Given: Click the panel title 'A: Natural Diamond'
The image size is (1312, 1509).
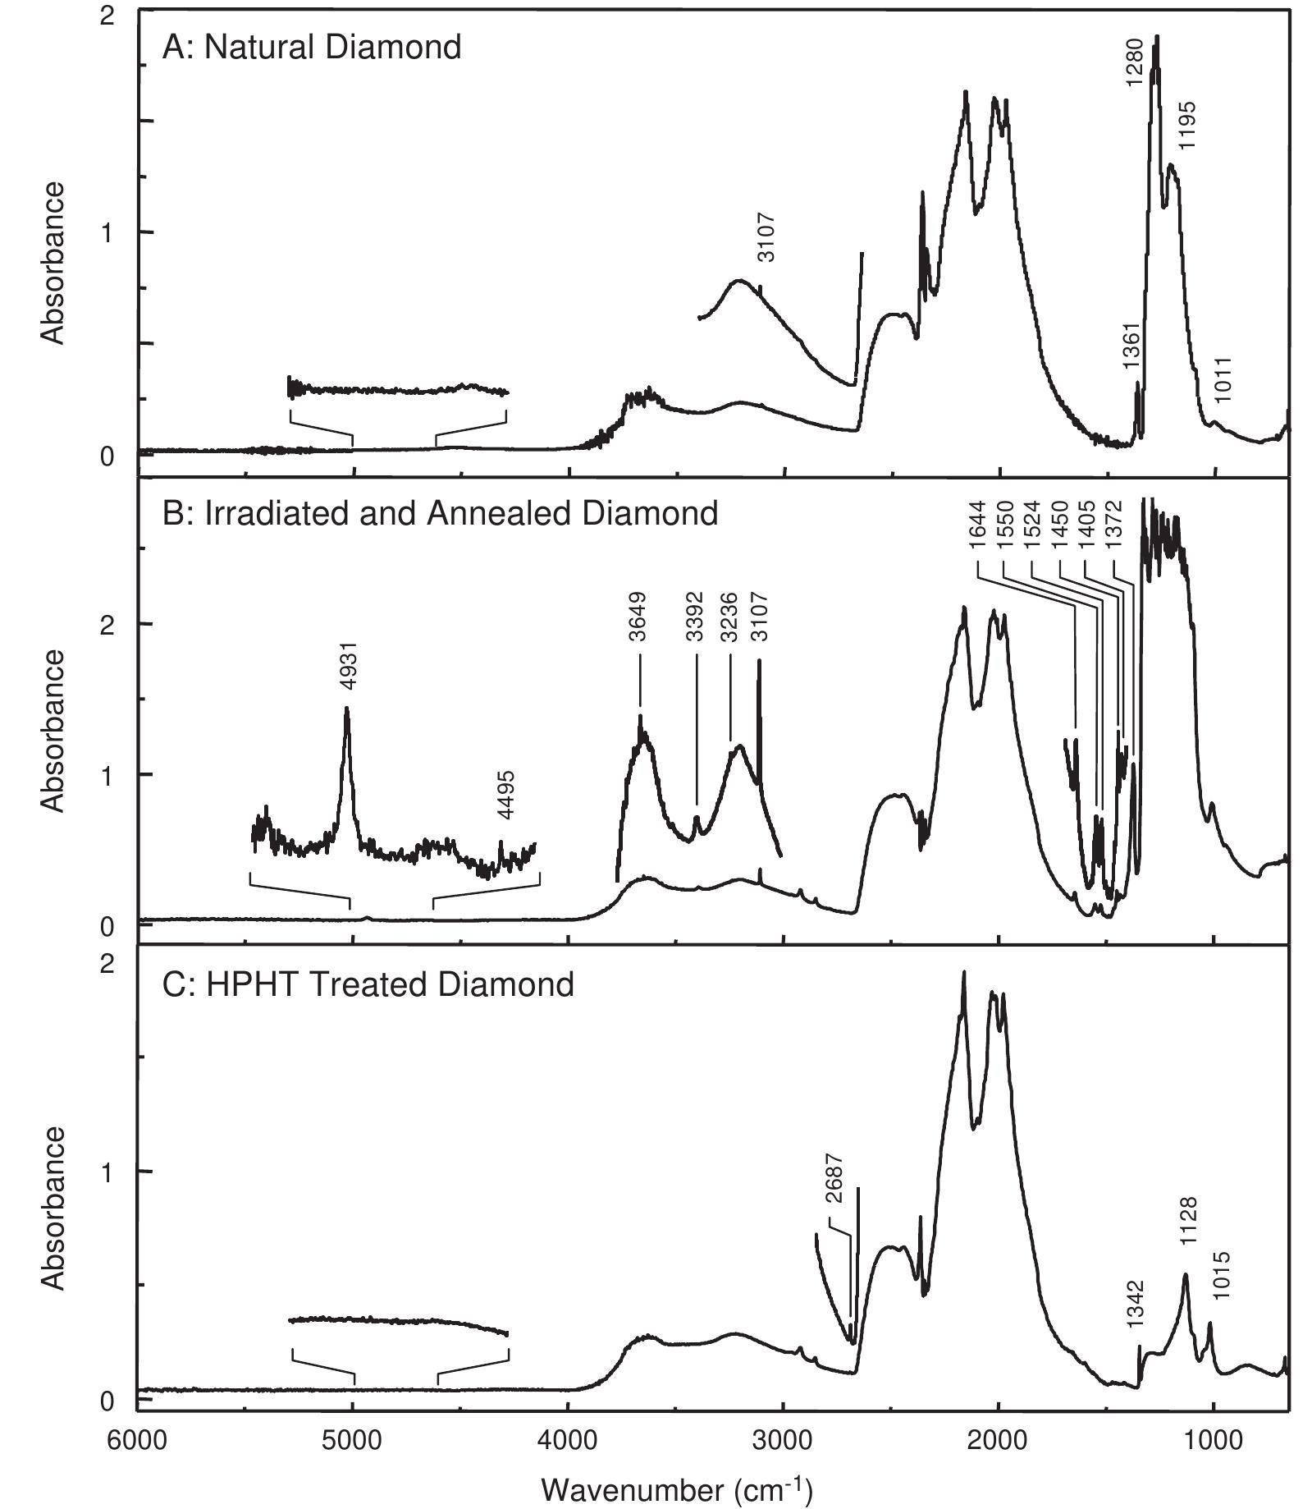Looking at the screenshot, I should click(311, 47).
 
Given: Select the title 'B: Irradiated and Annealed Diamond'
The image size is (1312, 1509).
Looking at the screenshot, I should click(440, 514).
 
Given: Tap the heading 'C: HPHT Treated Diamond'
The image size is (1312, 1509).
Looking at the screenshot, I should click(368, 984).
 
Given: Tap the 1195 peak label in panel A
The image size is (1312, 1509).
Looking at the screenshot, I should click(1187, 125).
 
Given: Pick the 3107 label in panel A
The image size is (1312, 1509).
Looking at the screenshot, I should click(765, 237).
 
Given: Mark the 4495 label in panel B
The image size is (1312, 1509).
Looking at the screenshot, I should click(506, 795).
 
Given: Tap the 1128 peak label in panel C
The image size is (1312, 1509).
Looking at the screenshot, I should click(1188, 1222).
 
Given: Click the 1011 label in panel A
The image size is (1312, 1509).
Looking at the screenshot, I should click(1223, 380).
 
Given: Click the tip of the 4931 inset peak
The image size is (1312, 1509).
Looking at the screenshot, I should click(346, 708).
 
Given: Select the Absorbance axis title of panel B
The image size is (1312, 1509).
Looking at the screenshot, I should click(53, 730).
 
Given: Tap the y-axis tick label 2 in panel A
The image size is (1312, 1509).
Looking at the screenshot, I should click(107, 17).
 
